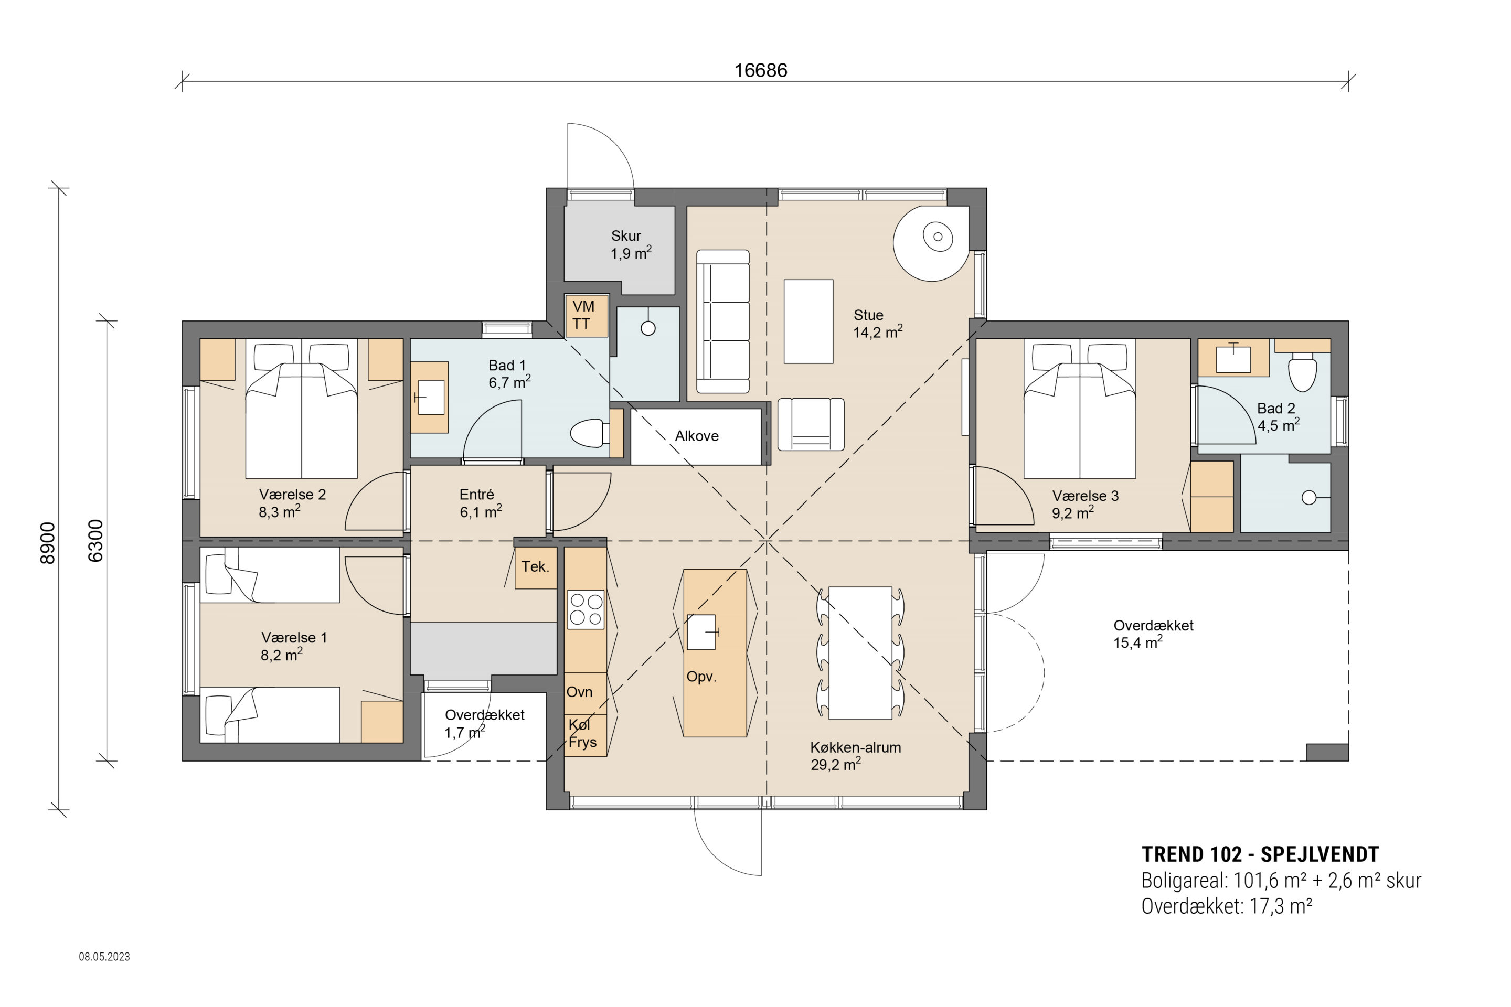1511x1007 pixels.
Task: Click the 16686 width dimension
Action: click(761, 70)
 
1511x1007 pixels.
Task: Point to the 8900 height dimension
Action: click(48, 543)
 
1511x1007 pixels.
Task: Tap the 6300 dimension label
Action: click(95, 541)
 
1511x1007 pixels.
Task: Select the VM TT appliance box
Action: click(586, 315)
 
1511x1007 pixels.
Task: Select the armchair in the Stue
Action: click(811, 424)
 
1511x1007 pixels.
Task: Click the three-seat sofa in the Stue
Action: click(723, 321)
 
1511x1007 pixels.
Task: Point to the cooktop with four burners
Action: click(586, 609)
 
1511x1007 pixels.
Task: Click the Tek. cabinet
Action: click(536, 567)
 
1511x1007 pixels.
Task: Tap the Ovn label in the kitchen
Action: click(579, 692)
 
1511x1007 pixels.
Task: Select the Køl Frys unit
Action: click(586, 735)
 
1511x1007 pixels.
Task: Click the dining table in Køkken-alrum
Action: click(860, 652)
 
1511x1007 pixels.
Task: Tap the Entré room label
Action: click(477, 495)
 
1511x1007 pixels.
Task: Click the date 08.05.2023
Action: click(104, 956)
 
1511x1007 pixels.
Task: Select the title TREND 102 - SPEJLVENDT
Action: click(1260, 854)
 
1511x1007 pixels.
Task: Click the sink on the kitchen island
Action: click(701, 632)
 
